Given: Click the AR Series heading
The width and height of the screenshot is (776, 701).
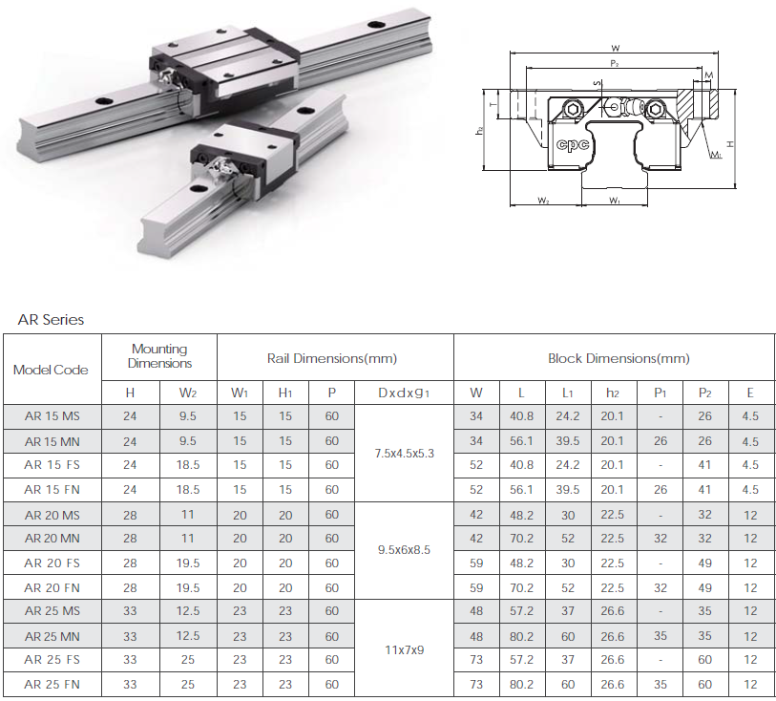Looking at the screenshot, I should pyautogui.click(x=52, y=320).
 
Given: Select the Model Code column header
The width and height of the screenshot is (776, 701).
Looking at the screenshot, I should pyautogui.click(x=51, y=370).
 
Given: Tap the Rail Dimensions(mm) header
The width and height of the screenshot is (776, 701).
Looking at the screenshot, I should pyautogui.click(x=331, y=358).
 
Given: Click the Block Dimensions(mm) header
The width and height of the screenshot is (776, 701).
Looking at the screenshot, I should pyautogui.click(x=618, y=358).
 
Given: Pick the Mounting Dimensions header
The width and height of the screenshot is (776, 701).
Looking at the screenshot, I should pyautogui.click(x=159, y=356).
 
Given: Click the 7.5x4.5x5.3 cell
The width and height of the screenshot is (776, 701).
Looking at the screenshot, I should pyautogui.click(x=403, y=453).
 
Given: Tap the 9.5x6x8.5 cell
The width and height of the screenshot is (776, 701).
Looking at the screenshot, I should pyautogui.click(x=403, y=550).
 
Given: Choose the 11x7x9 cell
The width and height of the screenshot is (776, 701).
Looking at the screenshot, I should pyautogui.click(x=403, y=648).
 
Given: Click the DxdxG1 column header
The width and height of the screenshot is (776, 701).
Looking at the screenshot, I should pyautogui.click(x=403, y=393).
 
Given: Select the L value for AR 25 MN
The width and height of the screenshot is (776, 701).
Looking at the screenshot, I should pyautogui.click(x=521, y=636).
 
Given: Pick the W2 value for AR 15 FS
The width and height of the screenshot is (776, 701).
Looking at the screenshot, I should pyautogui.click(x=188, y=465).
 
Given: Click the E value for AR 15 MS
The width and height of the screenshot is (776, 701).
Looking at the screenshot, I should pyautogui.click(x=750, y=416).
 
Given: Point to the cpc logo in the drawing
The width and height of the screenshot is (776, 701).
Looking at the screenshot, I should pyautogui.click(x=570, y=144).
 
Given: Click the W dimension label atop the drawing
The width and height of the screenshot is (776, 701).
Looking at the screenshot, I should pyautogui.click(x=615, y=47).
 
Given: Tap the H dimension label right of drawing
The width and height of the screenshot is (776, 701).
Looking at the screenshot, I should pyautogui.click(x=729, y=143).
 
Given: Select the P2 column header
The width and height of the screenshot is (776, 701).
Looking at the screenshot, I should pyautogui.click(x=705, y=393).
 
